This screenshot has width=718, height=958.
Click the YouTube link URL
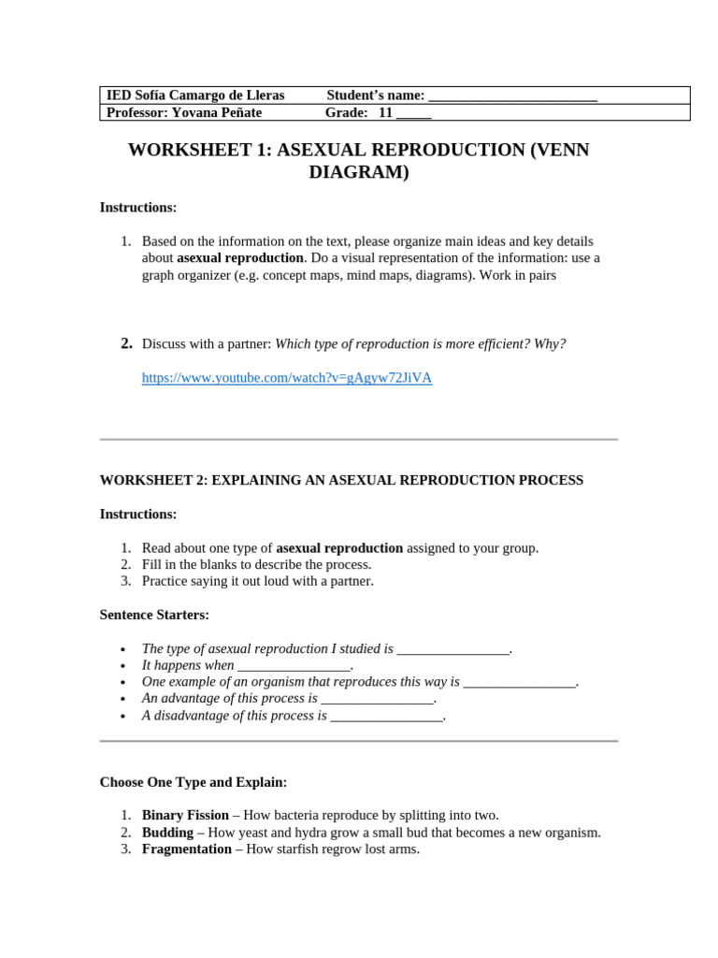pyautogui.click(x=287, y=378)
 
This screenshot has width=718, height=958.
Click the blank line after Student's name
pyautogui.click(x=512, y=95)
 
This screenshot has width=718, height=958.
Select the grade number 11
pyautogui.click(x=385, y=112)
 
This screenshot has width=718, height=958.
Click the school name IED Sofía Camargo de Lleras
pyautogui.click(x=195, y=95)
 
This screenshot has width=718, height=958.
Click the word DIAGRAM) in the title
pyautogui.click(x=359, y=173)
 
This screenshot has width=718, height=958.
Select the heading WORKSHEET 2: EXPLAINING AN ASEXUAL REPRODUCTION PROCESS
pyautogui.click(x=341, y=480)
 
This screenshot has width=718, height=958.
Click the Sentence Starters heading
pyautogui.click(x=154, y=615)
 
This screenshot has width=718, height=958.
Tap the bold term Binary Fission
pyautogui.click(x=185, y=815)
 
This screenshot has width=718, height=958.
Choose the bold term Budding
pyautogui.click(x=167, y=832)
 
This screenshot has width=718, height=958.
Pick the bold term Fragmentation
pyautogui.click(x=187, y=849)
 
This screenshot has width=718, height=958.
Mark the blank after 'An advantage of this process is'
pyautogui.click(x=378, y=699)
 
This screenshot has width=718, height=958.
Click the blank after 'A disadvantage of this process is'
pyautogui.click(x=386, y=716)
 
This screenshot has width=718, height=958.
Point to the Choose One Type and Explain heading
pyautogui.click(x=194, y=781)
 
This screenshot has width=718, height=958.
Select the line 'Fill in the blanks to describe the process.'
pyautogui.click(x=256, y=564)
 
